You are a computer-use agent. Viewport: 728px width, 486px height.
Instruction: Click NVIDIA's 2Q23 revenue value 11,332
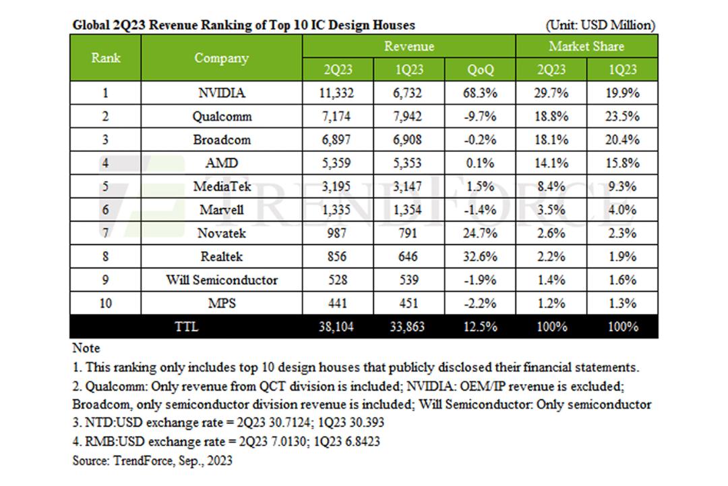[336, 93]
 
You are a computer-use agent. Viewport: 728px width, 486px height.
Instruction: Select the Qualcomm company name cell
[222, 116]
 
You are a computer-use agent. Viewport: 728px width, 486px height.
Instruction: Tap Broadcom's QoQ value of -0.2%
[480, 140]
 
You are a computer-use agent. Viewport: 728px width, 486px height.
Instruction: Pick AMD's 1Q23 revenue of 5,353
[407, 163]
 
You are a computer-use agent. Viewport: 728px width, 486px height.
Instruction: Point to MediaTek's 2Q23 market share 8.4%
[551, 186]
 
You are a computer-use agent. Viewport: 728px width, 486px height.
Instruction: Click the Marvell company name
[222, 210]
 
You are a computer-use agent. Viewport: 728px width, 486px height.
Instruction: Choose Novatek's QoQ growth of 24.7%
[480, 233]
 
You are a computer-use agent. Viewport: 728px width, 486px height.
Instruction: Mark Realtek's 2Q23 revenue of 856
[336, 256]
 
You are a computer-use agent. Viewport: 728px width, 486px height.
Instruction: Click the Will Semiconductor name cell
[222, 280]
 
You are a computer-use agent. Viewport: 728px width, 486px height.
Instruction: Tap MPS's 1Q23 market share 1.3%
[622, 303]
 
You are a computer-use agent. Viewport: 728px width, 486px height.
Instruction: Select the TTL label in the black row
[186, 327]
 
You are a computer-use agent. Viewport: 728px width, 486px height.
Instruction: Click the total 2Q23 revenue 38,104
[336, 327]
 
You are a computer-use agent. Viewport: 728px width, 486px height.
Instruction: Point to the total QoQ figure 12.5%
[480, 327]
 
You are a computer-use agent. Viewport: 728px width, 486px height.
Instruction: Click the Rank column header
[105, 57]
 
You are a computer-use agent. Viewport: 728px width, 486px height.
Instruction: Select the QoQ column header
[480, 70]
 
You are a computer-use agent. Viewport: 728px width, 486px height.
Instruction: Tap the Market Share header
[586, 46]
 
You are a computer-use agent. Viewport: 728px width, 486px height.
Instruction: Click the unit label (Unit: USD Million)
[601, 25]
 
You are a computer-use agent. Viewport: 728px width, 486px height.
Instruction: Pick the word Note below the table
[86, 348]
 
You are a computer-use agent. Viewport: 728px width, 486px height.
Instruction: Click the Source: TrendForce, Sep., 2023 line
[152, 460]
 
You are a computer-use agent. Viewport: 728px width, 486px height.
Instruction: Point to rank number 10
[105, 303]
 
